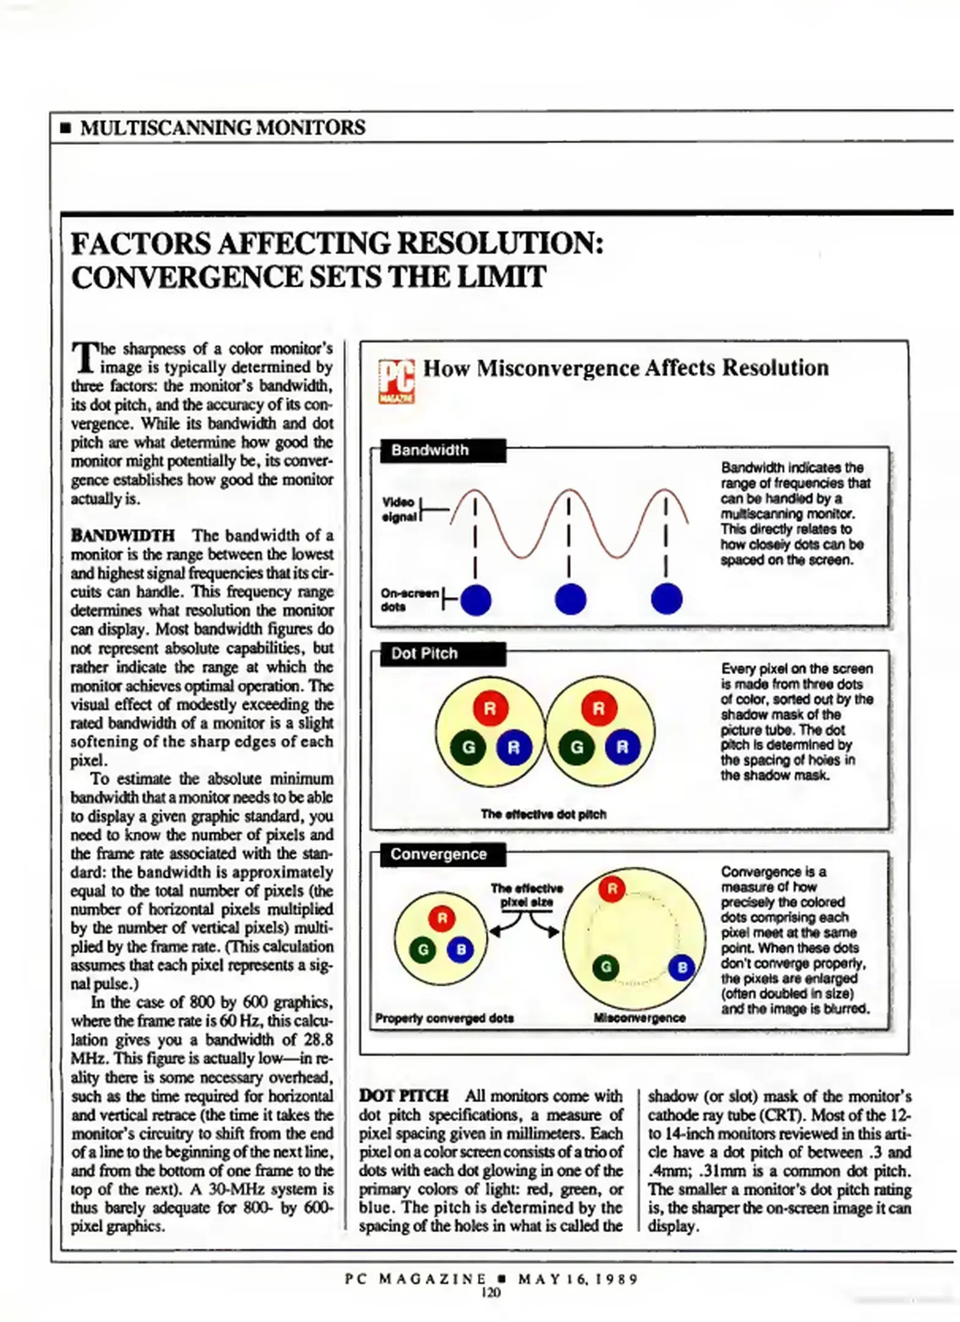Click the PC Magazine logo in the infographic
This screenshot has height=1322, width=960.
point(396,380)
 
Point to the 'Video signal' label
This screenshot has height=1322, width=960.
point(398,509)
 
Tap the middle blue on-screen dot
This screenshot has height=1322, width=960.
point(570,599)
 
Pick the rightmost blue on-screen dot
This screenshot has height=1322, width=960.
point(666,599)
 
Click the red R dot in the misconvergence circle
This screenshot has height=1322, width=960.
point(612,888)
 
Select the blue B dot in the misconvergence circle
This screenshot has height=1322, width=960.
point(682,967)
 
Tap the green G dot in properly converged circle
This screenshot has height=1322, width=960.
point(422,950)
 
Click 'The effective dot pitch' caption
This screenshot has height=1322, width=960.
point(543,814)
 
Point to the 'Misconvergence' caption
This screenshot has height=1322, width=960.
point(639,1018)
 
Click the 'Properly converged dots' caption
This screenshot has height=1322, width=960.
point(444,1018)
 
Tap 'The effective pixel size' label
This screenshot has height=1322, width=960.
point(526,895)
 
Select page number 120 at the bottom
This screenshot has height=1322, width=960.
point(491,1293)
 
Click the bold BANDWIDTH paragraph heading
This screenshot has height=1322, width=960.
point(122,536)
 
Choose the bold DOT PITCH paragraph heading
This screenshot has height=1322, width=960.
point(404,1096)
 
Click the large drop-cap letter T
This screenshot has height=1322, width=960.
point(84,357)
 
